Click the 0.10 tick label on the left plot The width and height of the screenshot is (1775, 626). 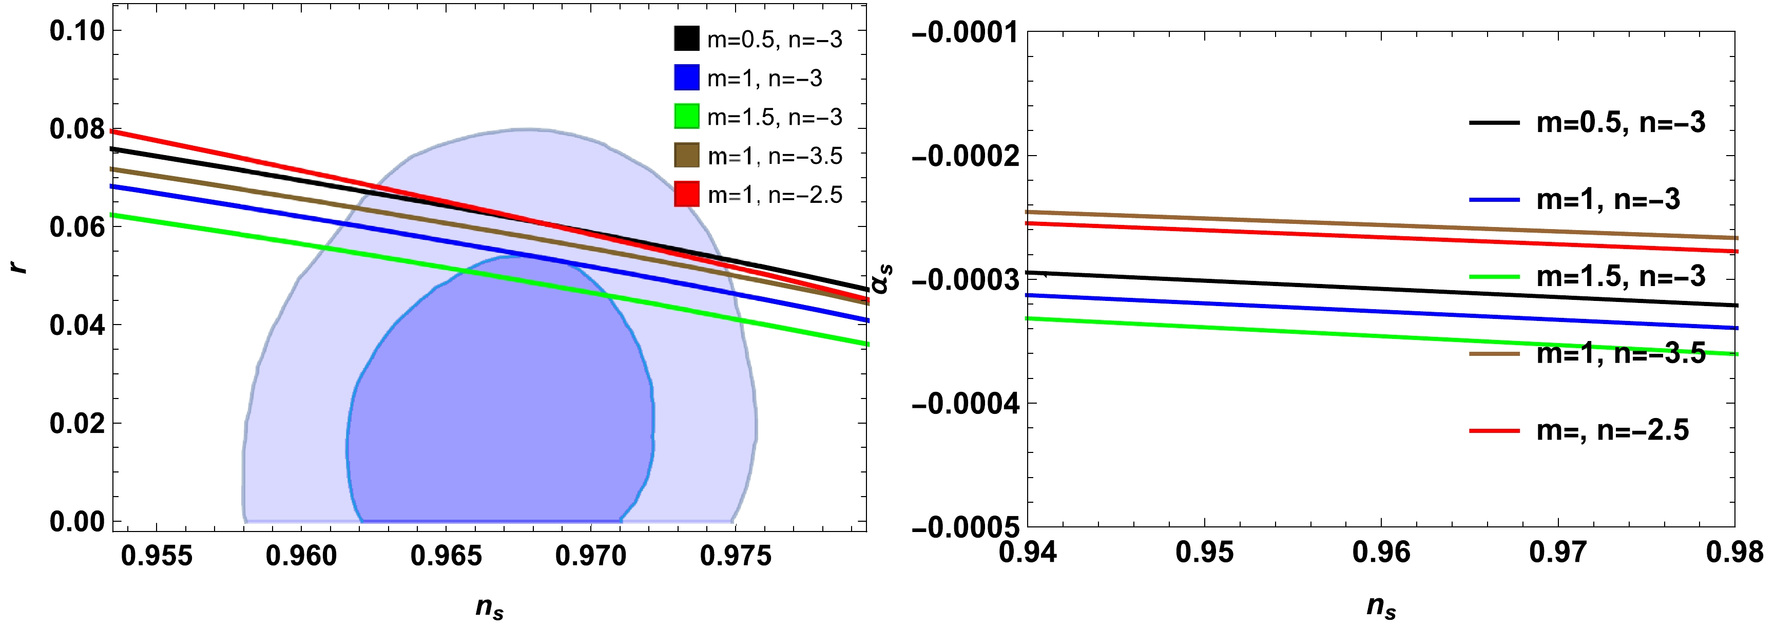point(76,31)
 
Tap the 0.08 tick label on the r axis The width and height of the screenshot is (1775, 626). point(76,129)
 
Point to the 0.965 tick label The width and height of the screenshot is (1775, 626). point(446,555)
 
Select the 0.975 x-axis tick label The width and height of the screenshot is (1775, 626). point(735,555)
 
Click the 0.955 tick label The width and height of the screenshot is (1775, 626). point(157,555)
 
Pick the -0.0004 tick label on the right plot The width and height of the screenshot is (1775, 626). point(964,403)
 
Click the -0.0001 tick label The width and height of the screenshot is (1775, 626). point(964,32)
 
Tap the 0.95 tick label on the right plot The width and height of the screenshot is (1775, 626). point(1204,552)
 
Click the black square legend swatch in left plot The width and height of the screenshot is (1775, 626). point(686,39)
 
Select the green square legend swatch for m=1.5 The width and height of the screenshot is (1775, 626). point(686,116)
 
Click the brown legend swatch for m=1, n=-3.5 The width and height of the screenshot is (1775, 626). point(686,155)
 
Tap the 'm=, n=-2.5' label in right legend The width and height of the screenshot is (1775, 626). point(1612,431)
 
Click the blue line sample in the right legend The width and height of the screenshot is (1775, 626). point(1494,200)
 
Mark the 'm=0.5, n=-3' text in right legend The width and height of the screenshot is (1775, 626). point(1620,123)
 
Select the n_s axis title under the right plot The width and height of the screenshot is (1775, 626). point(1381,606)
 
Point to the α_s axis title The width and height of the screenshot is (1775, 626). point(881,279)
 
